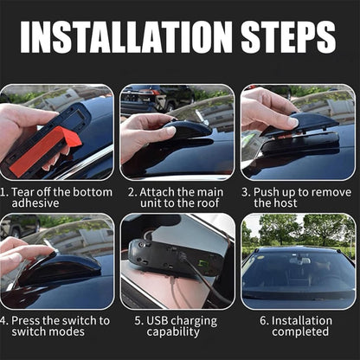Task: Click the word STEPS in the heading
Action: pos(280,37)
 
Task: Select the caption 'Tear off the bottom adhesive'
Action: pos(59,196)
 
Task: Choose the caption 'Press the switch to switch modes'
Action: pos(59,325)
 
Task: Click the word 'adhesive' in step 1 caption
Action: pos(41,203)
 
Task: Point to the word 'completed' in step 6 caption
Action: pos(299,332)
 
